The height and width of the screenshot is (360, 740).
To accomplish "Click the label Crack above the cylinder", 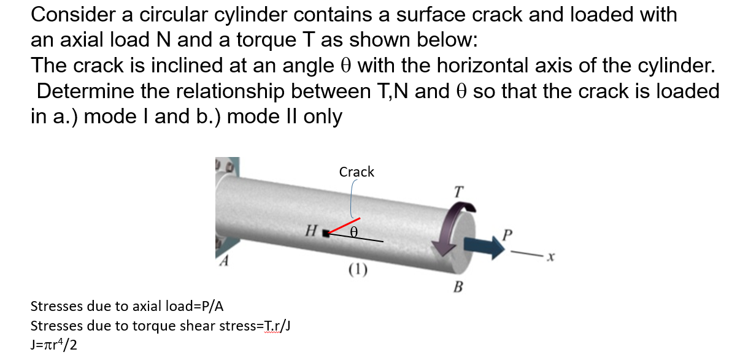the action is (357, 172).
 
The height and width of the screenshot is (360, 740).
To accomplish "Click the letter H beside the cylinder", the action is (312, 231).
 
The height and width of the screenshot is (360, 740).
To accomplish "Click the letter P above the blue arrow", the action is (506, 235).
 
